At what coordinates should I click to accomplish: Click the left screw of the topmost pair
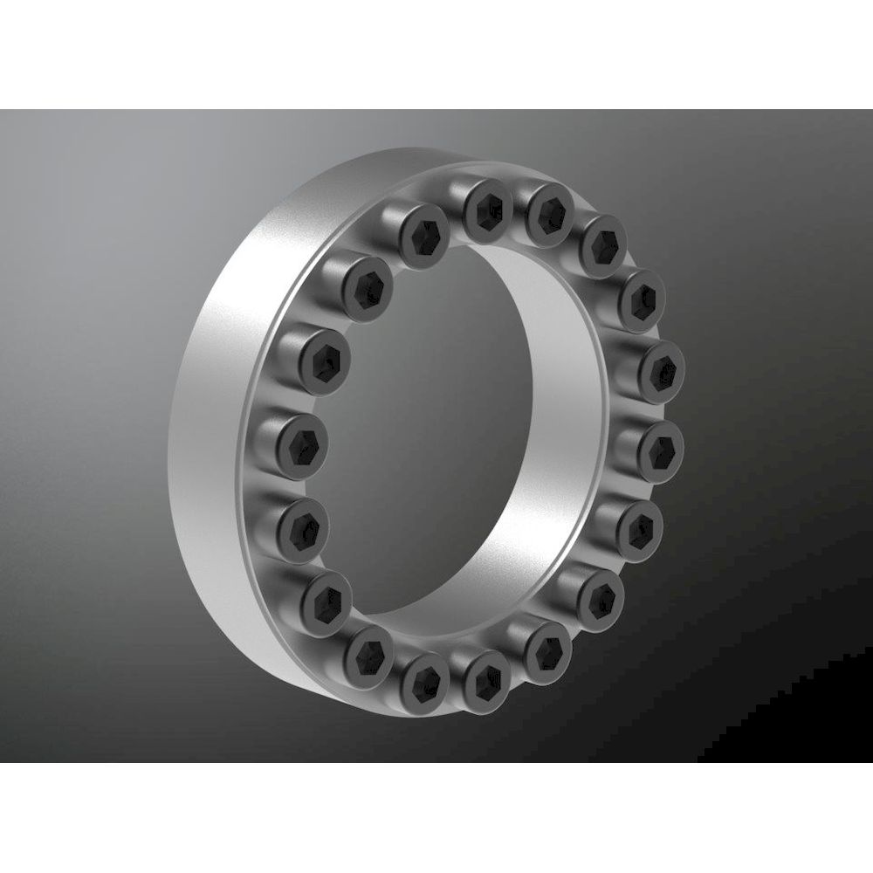pyautogui.click(x=486, y=208)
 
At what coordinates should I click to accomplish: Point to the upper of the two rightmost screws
pyautogui.click(x=662, y=368)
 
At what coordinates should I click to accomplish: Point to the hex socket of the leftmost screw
pyautogui.click(x=301, y=443)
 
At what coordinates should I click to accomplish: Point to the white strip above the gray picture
pyautogui.click(x=436, y=52)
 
